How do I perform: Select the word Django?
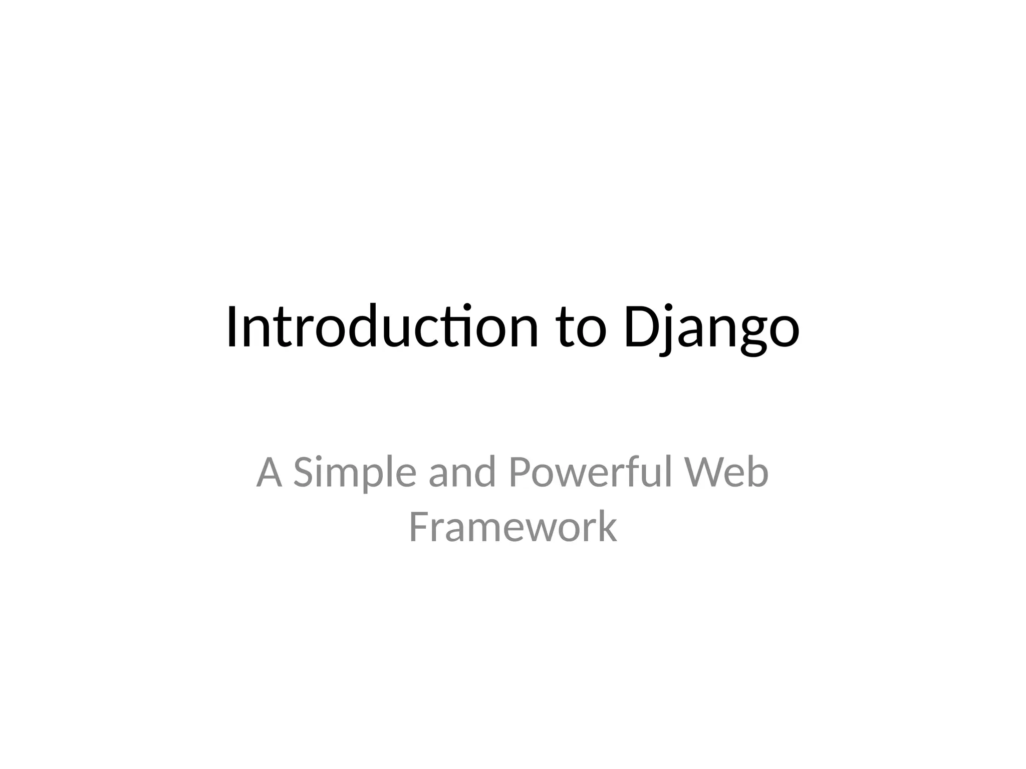click(x=711, y=328)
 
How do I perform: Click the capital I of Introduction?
click(x=232, y=326)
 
